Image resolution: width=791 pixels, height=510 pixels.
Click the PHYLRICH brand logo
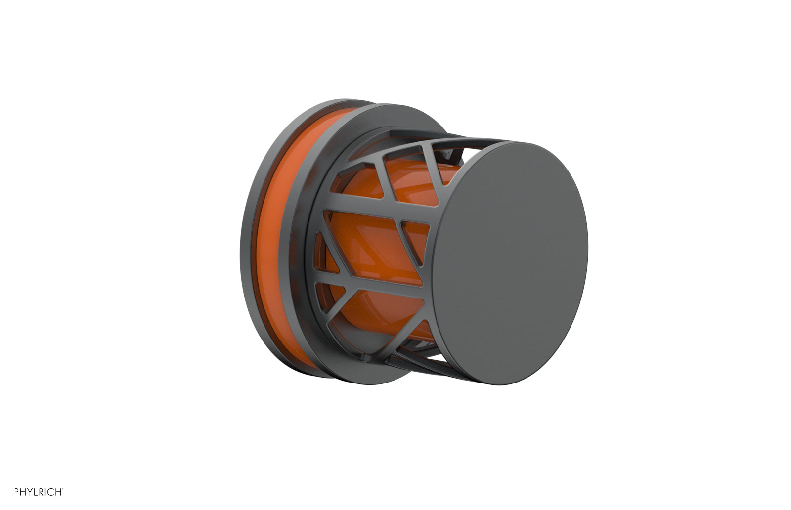click(38, 492)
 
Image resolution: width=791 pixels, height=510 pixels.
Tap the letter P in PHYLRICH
click(17, 492)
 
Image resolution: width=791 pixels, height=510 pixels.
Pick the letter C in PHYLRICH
click(50, 492)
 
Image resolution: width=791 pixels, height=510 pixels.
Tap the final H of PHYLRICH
click(57, 492)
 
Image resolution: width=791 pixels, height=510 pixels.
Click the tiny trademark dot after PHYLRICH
click(62, 489)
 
